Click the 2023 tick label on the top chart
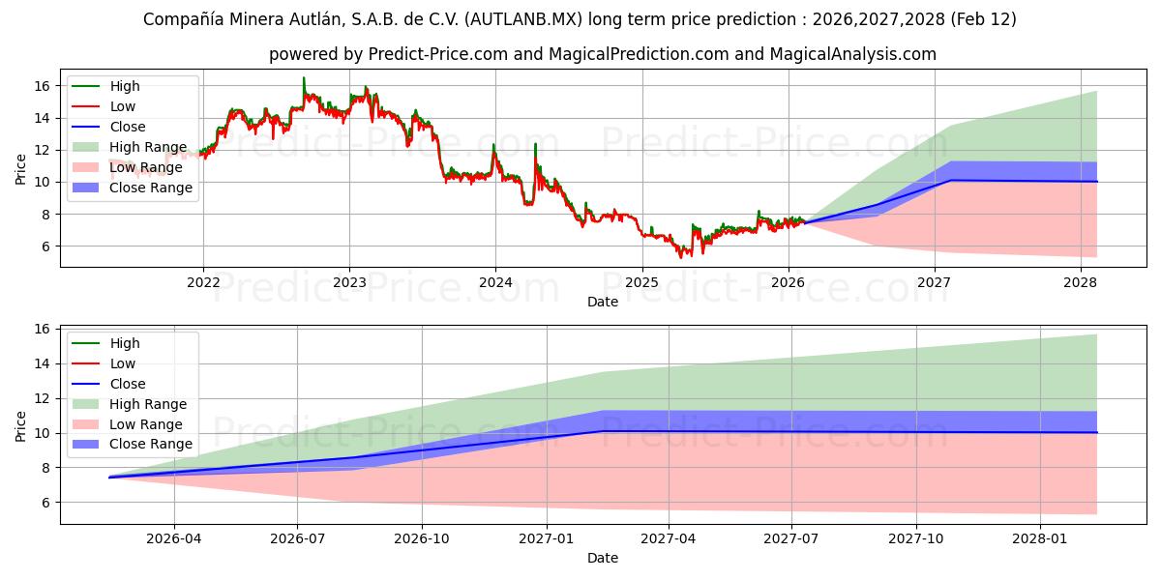click(349, 283)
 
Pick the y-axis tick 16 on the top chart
click(42, 86)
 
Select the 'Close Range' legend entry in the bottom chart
click(150, 445)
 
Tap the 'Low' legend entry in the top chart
click(123, 106)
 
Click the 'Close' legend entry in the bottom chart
click(128, 384)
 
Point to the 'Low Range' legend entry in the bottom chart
click(145, 424)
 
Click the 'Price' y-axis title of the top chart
click(21, 168)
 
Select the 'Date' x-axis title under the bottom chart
click(602, 558)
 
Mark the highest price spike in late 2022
click(304, 78)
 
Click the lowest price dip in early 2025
click(680, 257)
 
